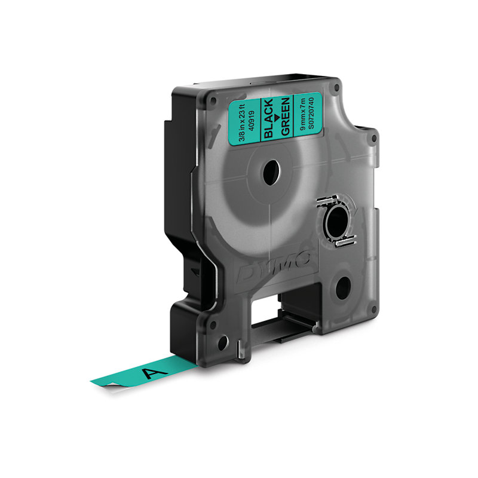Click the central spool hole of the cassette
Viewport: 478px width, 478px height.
click(x=271, y=171)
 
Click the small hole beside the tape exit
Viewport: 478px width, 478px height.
click(x=222, y=345)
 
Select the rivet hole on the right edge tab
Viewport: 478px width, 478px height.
click(x=374, y=139)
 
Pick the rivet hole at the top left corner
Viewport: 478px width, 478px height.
click(x=213, y=99)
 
